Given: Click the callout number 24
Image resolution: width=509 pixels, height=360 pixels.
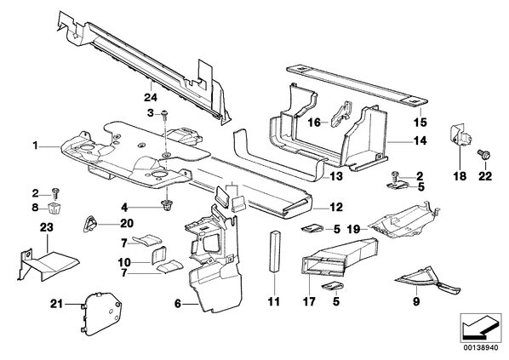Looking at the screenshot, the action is (x=151, y=97).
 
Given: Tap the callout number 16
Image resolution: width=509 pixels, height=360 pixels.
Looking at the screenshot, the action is (x=314, y=123).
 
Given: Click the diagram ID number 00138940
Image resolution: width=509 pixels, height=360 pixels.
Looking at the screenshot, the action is (x=480, y=347).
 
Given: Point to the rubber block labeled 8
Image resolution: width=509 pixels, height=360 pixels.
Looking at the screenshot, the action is (x=54, y=207).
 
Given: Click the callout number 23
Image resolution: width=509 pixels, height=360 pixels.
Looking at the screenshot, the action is (x=47, y=227).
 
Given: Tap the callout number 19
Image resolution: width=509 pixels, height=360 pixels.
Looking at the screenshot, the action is (x=353, y=229).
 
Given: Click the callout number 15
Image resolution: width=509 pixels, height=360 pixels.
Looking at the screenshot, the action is (x=420, y=123).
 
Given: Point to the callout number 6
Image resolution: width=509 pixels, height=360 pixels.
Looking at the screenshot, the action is (x=178, y=304).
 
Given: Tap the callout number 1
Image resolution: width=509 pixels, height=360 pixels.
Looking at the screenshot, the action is (x=36, y=146).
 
